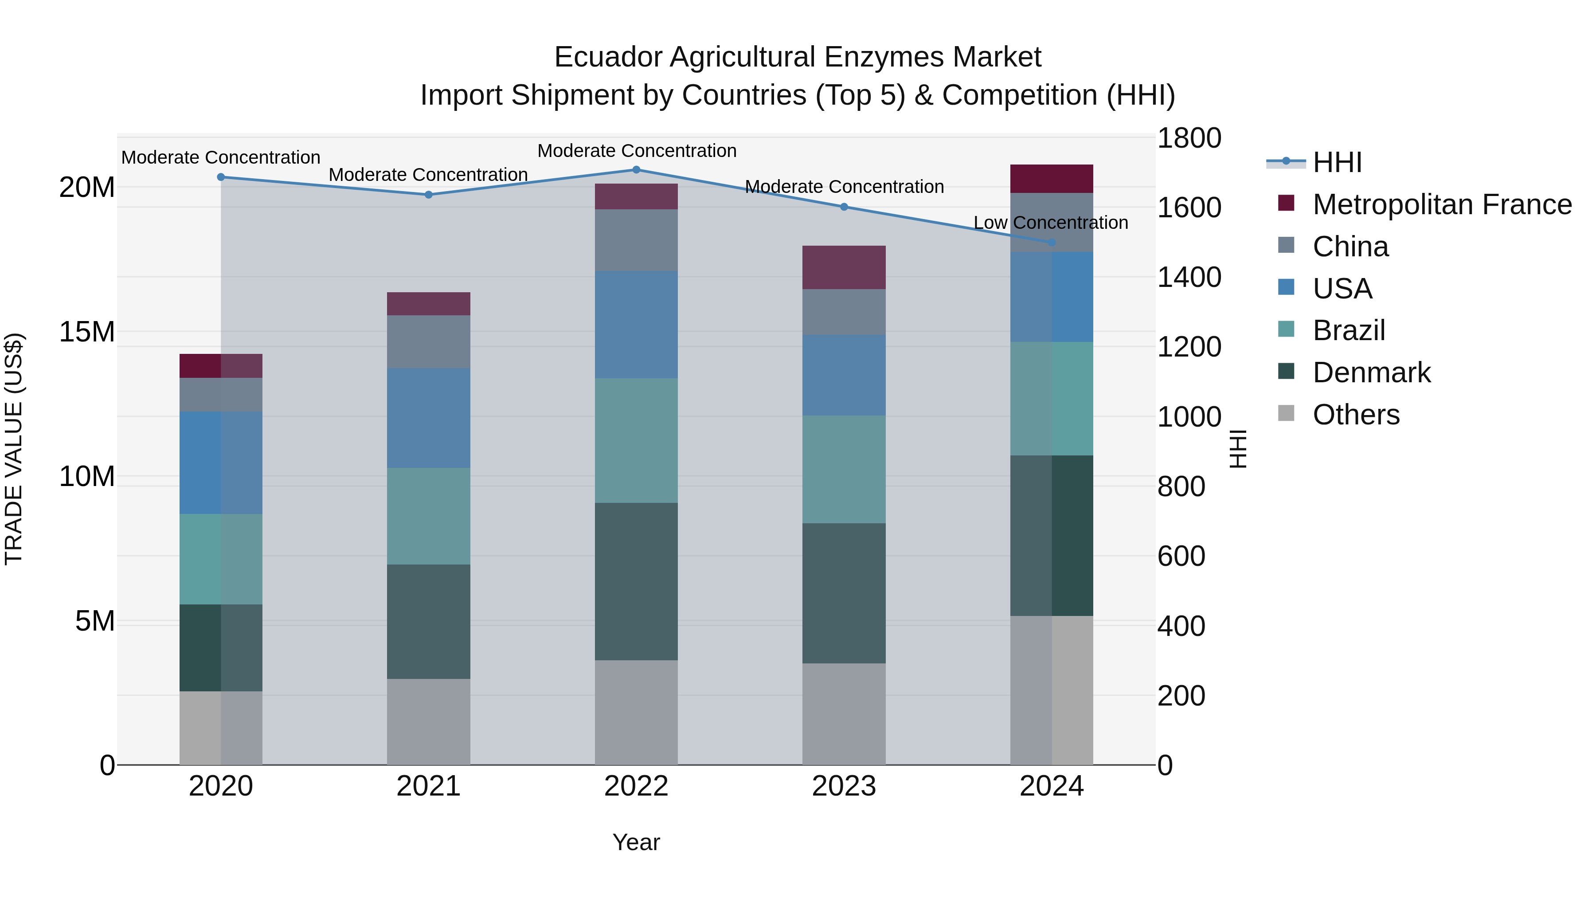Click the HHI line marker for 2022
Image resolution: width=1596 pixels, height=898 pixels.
point(636,170)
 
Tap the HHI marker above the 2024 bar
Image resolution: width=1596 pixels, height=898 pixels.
point(1052,242)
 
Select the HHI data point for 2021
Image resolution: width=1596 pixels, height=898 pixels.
point(428,195)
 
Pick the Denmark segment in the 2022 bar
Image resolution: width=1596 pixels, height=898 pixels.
point(636,581)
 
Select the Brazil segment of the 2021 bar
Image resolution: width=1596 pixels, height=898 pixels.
point(428,516)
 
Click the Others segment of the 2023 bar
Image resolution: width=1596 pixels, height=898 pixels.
point(844,714)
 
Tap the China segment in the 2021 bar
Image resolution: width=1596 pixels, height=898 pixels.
point(428,341)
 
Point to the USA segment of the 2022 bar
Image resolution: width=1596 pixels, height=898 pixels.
point(636,324)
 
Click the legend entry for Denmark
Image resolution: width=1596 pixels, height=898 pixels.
point(1371,373)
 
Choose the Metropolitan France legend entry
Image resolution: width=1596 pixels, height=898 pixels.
point(1442,204)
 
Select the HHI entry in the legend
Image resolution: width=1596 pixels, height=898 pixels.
point(1337,162)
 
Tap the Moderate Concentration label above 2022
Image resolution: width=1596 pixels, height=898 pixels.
point(636,151)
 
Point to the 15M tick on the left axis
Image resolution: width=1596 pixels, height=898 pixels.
point(87,332)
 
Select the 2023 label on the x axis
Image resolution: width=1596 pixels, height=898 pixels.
point(844,786)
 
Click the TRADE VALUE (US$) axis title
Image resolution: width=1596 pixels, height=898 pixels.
point(14,449)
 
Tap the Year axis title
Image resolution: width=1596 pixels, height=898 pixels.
point(636,842)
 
